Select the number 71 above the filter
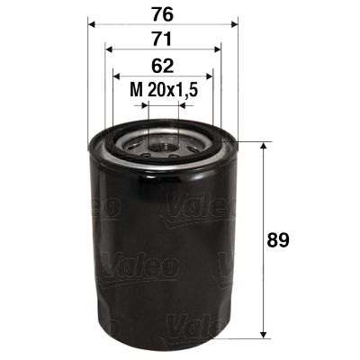point(163,38)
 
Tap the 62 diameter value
point(163,65)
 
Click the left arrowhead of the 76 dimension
point(92,24)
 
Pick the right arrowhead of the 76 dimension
point(234,24)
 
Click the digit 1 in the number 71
point(170,38)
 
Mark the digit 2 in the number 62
point(170,65)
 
